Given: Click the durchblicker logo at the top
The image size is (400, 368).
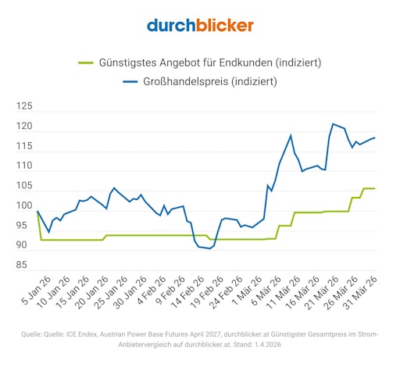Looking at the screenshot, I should point(200,25).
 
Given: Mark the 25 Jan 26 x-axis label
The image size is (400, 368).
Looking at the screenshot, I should point(105,292).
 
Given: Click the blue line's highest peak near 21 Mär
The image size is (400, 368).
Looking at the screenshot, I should point(334,123).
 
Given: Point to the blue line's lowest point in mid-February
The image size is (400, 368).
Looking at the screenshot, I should point(210,248).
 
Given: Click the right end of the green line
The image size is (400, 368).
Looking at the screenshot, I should point(374,188).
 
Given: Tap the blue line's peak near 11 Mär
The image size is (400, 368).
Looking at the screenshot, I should point(291,135).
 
